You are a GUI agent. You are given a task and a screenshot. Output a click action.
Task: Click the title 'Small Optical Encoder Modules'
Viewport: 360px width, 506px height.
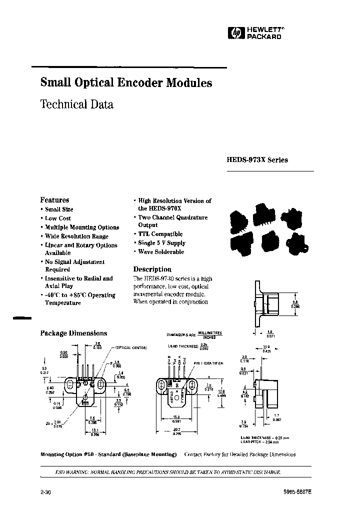click(125, 83)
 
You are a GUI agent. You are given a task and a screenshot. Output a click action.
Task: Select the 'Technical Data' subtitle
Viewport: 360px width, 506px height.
click(76, 104)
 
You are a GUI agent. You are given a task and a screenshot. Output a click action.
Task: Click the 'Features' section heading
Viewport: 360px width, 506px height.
click(54, 199)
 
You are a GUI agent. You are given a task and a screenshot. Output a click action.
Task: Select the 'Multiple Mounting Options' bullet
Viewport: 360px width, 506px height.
click(81, 227)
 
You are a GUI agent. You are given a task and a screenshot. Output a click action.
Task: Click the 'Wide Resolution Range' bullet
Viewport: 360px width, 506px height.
click(76, 236)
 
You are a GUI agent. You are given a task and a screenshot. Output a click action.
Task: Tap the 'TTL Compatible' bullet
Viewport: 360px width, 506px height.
click(160, 234)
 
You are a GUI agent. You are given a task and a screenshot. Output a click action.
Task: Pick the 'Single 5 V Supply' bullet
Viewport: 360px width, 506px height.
click(161, 243)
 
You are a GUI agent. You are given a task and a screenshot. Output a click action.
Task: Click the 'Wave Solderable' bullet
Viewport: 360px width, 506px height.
click(161, 252)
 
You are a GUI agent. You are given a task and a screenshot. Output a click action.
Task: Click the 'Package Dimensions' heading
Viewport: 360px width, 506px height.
click(73, 333)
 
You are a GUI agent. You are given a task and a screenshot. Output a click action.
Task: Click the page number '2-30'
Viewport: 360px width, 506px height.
click(45, 492)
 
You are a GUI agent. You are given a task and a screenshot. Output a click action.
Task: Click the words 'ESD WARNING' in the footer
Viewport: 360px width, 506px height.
click(73, 472)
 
